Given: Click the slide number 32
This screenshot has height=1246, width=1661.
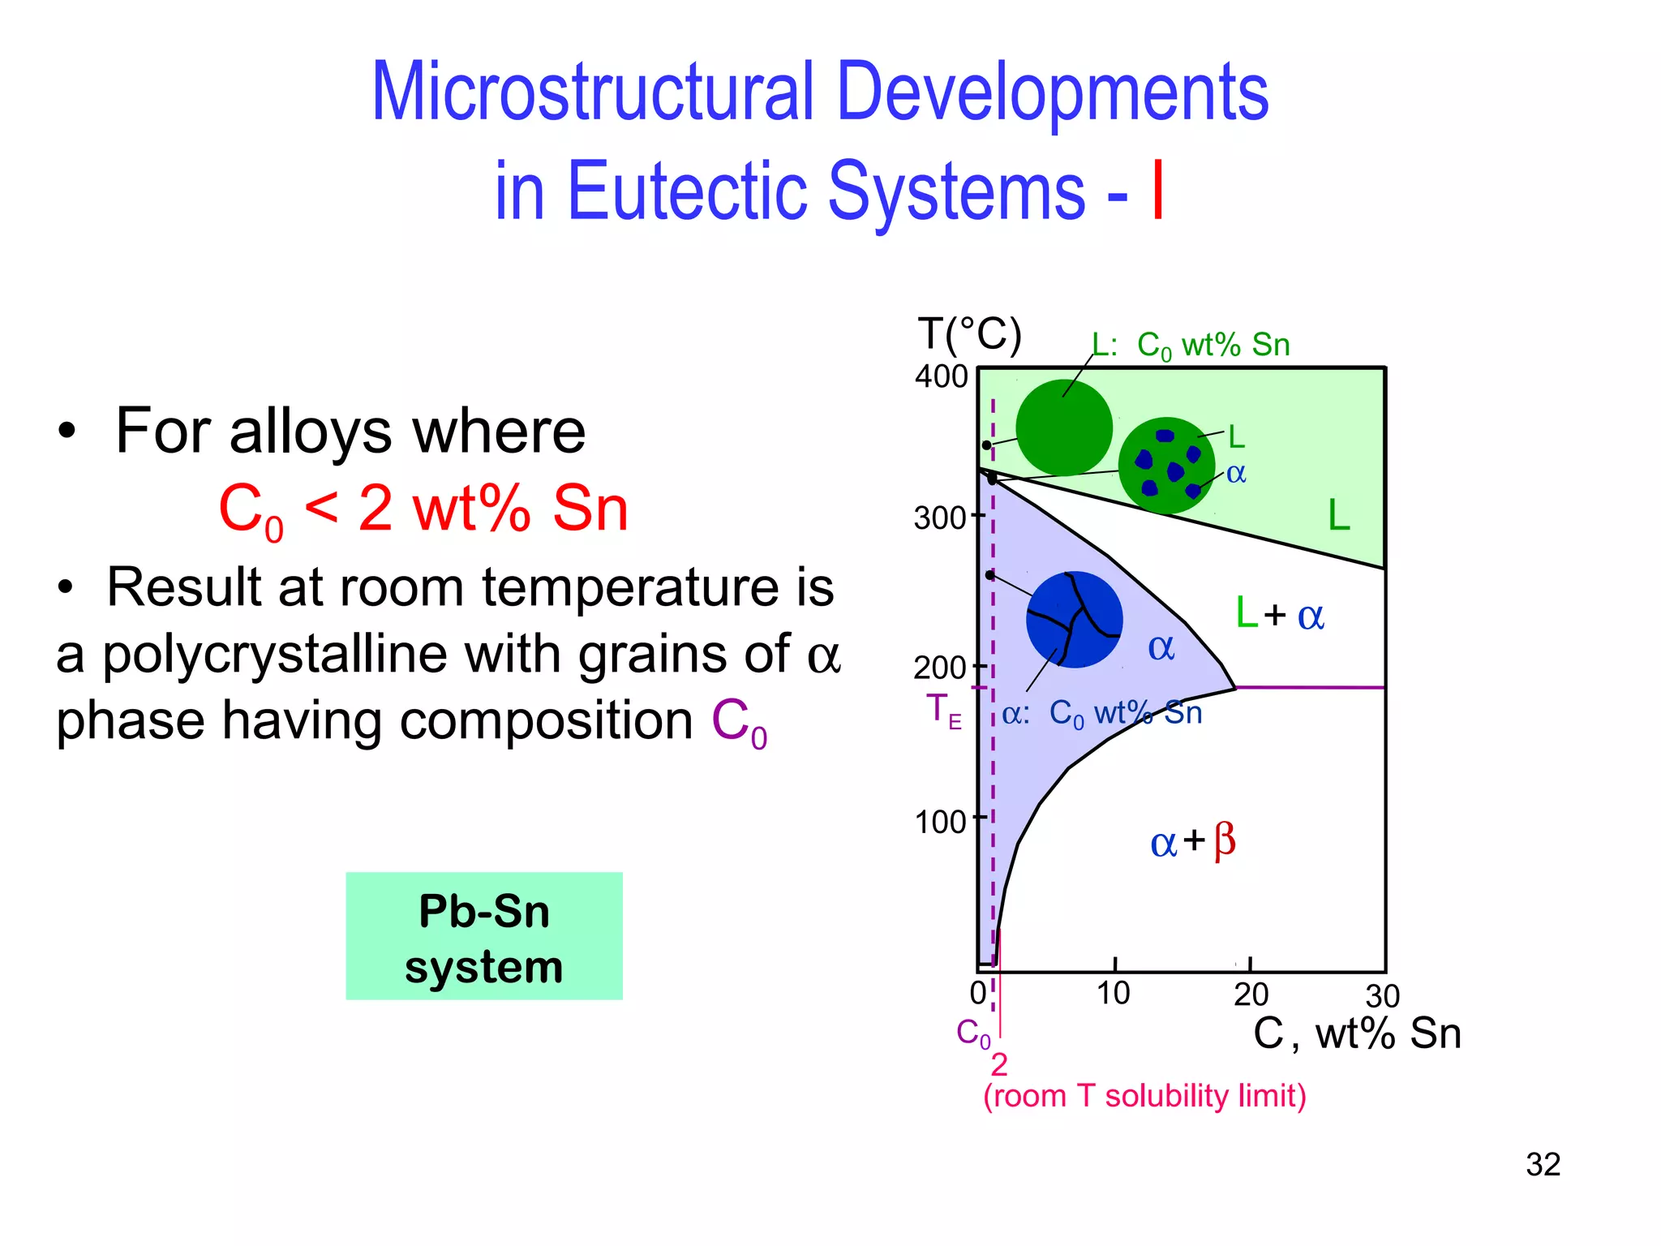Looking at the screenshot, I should pos(1543,1165).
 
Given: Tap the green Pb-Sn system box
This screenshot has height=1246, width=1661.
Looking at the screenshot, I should pos(484,936).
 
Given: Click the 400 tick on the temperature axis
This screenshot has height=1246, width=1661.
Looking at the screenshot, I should pos(942,376).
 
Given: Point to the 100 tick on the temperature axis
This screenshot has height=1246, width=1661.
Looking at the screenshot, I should pos(941,822).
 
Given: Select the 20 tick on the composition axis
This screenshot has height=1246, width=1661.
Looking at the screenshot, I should pos(1251,994).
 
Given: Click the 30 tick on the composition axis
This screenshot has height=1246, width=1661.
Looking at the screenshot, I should pos(1383,996).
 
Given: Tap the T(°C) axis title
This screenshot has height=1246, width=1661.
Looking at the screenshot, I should pos(970,334).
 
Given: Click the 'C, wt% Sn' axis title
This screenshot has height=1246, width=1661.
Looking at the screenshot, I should pos(1357,1034).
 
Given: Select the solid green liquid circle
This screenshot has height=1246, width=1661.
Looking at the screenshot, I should pos(1064,428).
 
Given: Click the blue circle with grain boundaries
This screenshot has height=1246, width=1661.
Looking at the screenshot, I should pos(1075,620).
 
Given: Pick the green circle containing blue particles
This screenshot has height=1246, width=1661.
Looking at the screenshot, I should pos(1166,466).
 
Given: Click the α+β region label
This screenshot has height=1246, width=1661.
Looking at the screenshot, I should pos(1192,841).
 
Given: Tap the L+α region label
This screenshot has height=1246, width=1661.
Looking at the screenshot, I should pos(1279,615).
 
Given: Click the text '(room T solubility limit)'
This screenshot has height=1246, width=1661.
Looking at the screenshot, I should pos(1144,1096).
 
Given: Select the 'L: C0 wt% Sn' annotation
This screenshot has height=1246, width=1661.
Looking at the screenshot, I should pos(1190,346).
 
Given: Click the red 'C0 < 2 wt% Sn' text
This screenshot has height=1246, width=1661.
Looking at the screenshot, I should pos(423,509).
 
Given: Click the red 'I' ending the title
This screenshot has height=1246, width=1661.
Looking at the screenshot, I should pos(1158,191).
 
